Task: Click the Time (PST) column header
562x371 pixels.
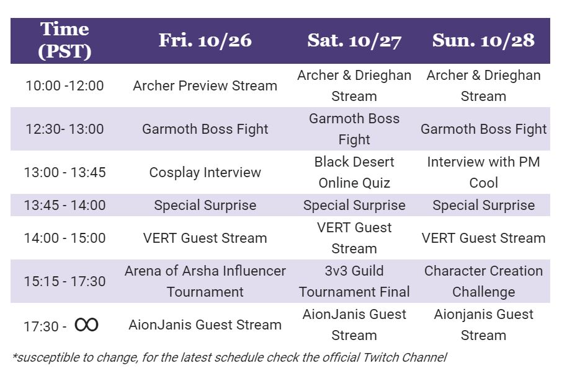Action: coord(65,40)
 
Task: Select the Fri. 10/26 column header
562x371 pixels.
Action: coord(205,40)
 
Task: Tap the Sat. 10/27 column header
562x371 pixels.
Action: coord(354,40)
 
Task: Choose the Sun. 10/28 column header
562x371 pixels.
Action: coord(483,40)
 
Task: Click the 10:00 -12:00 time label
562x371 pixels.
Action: coord(65,86)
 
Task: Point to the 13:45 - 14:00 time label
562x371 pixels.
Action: coord(65,206)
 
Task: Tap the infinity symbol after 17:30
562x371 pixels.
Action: coord(86,325)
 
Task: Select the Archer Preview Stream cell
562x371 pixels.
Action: coord(205,86)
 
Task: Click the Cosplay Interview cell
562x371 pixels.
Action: coord(205,172)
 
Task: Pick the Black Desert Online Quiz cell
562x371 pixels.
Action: coord(354,172)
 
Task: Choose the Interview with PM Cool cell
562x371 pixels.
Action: coord(483,172)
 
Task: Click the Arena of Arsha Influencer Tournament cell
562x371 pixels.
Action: coord(205,282)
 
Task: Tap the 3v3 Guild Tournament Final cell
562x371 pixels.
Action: coord(354,282)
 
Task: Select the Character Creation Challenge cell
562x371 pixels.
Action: coord(483,282)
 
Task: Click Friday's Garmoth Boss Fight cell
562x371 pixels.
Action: coord(205,129)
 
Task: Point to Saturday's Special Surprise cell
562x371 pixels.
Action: coord(354,206)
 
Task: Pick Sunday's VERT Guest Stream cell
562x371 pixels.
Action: coord(483,238)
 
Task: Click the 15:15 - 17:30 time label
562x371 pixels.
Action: coord(65,282)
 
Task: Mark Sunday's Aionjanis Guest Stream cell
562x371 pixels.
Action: coord(483,325)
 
